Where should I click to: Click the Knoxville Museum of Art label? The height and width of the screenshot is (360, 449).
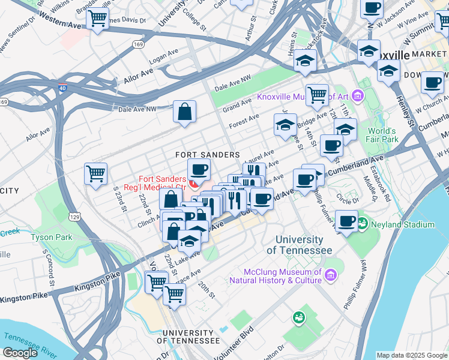(x=303, y=97)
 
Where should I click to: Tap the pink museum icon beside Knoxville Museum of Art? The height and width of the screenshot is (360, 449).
(x=358, y=96)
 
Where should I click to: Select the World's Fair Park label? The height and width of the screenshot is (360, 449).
(x=382, y=135)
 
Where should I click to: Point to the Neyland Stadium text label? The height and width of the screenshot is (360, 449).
(x=402, y=224)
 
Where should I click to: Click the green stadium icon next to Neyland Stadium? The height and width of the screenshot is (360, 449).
(x=363, y=224)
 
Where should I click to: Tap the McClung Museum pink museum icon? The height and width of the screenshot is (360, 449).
(x=330, y=275)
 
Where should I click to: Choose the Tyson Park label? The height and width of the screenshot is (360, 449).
(x=51, y=237)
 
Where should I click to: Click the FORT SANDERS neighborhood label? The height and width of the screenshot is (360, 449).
(x=208, y=155)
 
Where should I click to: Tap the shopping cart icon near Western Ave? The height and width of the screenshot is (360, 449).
(x=97, y=18)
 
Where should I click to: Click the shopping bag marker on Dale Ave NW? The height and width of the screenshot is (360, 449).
(x=184, y=111)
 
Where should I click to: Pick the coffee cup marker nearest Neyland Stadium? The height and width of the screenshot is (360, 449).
(x=347, y=221)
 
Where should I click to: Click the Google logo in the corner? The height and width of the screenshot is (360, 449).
(x=20, y=353)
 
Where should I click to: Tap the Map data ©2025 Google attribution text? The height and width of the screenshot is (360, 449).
(x=411, y=355)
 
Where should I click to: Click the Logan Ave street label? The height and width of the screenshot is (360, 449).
(x=164, y=56)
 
